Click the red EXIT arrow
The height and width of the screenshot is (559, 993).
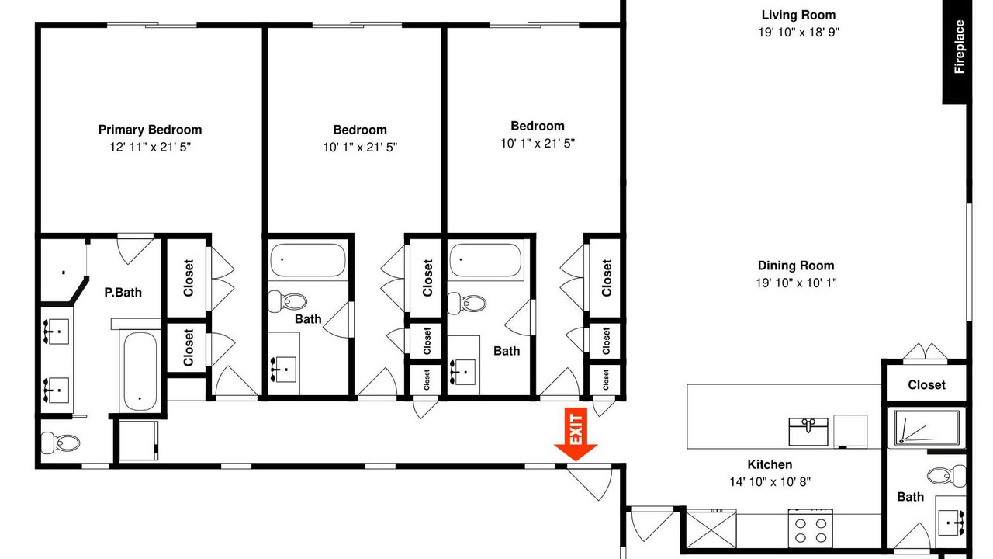(576, 434)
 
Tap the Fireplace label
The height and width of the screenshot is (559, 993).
(958, 47)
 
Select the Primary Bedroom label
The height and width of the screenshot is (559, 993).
(150, 130)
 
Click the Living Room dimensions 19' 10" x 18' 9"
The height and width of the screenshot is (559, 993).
(799, 32)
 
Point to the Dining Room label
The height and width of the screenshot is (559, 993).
(796, 266)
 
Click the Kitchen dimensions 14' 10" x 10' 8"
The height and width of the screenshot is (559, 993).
(770, 481)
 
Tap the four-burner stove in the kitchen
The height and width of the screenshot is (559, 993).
(811, 529)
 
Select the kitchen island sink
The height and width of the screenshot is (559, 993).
(808, 431)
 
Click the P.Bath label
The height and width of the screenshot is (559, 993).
(123, 293)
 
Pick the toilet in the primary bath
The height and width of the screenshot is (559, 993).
(61, 443)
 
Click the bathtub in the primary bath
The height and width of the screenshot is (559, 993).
(140, 372)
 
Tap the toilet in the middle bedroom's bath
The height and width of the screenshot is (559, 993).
(287, 302)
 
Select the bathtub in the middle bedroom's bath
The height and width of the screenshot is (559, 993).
(308, 260)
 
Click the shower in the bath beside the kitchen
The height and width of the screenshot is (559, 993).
(926, 428)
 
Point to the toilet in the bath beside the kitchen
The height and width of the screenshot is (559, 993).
(946, 476)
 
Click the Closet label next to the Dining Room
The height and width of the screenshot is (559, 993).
(926, 384)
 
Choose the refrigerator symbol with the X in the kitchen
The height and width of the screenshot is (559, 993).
(711, 529)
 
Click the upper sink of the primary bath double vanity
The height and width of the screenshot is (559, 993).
(56, 331)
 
